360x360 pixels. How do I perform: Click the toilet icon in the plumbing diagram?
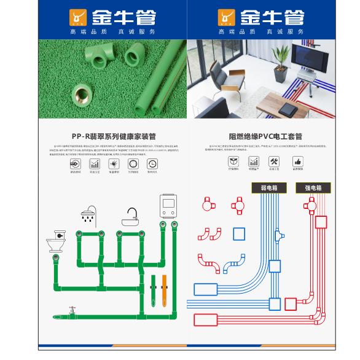point(56,241)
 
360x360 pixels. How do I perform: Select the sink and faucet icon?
point(131,216)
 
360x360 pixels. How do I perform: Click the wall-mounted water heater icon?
point(168,206)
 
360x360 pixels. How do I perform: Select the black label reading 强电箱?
point(313,187)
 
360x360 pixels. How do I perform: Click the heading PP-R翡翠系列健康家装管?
point(114,136)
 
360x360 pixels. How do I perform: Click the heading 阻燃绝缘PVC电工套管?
point(265,136)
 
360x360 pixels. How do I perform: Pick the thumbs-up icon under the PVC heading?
point(298,162)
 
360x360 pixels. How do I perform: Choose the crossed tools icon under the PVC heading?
point(274,162)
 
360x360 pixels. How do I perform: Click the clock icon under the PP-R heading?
point(152,164)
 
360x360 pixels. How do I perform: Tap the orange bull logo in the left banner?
point(78,17)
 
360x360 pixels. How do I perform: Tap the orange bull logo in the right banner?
point(226,17)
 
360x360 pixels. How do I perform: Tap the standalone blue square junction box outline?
point(240,233)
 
